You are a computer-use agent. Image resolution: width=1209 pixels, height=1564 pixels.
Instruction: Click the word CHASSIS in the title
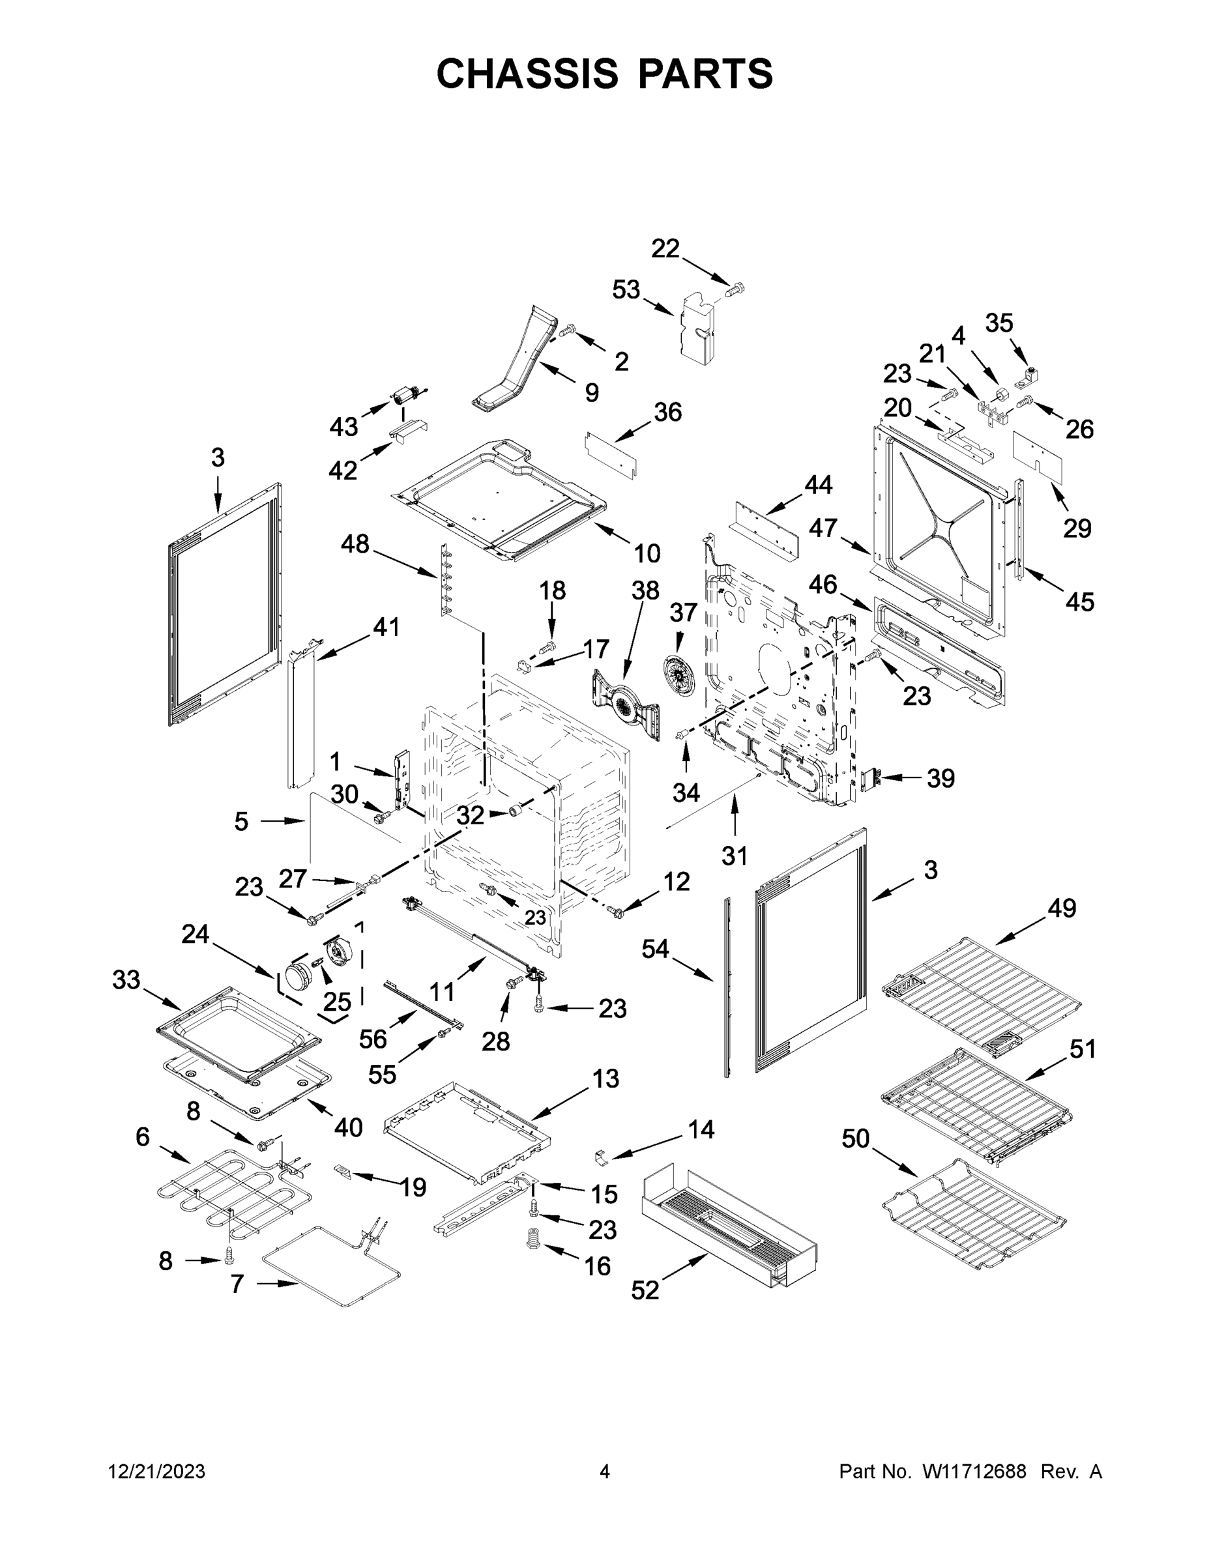pyautogui.click(x=527, y=73)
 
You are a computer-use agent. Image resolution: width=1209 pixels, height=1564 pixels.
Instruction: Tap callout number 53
pyautogui.click(x=625, y=290)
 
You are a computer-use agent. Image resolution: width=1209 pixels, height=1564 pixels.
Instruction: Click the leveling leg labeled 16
pyautogui.click(x=532, y=1239)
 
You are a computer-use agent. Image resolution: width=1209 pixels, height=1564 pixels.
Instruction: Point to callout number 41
pyautogui.click(x=386, y=628)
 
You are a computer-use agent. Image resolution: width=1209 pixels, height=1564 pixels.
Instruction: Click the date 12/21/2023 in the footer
pyautogui.click(x=157, y=1471)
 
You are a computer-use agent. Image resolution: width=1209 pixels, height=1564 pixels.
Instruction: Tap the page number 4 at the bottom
pyautogui.click(x=605, y=1471)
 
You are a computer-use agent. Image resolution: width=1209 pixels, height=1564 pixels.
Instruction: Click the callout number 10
pyautogui.click(x=646, y=553)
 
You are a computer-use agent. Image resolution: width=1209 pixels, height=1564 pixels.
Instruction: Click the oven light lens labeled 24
pyautogui.click(x=295, y=976)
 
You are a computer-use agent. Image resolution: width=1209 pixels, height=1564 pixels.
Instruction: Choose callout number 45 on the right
pyautogui.click(x=1079, y=601)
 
